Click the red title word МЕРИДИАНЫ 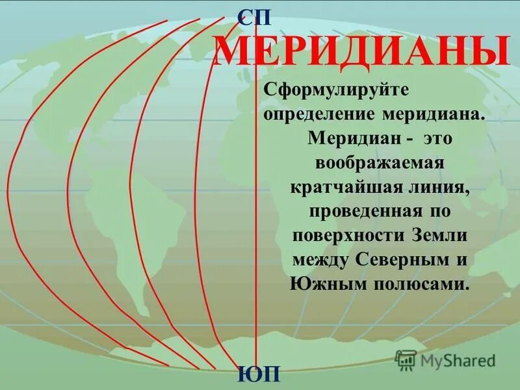[361, 53]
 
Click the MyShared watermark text [456, 359]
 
